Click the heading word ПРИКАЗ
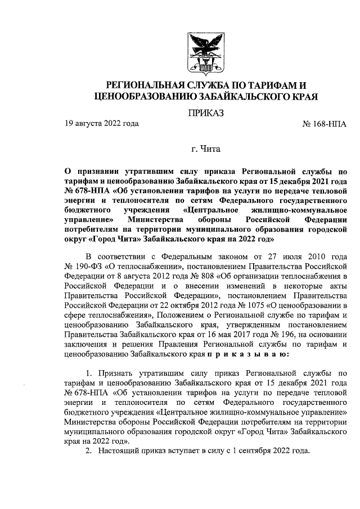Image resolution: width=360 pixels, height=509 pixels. [x=206, y=114]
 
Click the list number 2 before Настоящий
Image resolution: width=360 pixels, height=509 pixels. [x=88, y=452]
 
